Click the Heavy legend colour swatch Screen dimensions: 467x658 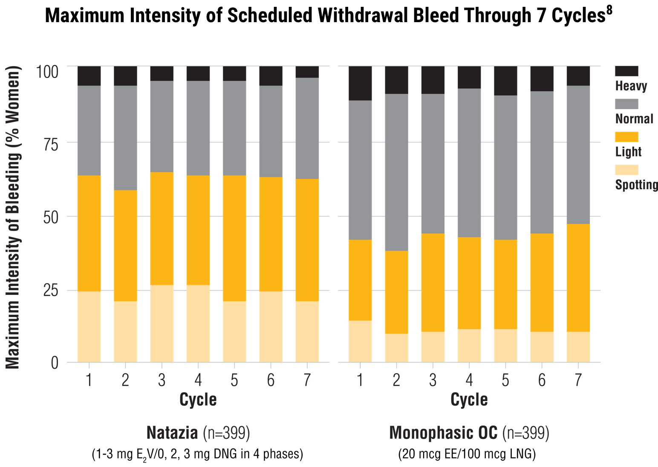tap(626, 71)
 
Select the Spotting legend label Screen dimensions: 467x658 tap(636, 184)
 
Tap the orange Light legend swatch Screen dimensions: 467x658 tap(626, 137)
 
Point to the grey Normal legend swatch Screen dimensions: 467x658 tap(626, 104)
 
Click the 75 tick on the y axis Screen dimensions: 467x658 tap(51, 145)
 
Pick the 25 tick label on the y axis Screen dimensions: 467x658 tap(51, 291)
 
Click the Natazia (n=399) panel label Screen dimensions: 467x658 tap(198, 433)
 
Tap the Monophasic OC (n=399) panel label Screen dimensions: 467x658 tap(469, 433)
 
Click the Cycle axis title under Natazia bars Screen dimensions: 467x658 tap(198, 400)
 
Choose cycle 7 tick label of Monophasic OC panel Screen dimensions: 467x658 tap(578, 380)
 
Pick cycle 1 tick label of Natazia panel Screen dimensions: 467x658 tap(89, 380)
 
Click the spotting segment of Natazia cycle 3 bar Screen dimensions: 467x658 tap(162, 324)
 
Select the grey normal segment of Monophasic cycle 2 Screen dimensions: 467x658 tap(396, 173)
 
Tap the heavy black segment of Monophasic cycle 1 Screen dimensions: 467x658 tap(360, 84)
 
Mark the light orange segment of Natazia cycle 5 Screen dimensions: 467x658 tap(234, 239)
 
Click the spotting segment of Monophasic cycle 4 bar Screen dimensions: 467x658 tap(469, 346)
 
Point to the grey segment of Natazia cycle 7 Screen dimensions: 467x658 tap(307, 128)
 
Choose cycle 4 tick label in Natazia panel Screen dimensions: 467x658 tap(198, 380)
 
